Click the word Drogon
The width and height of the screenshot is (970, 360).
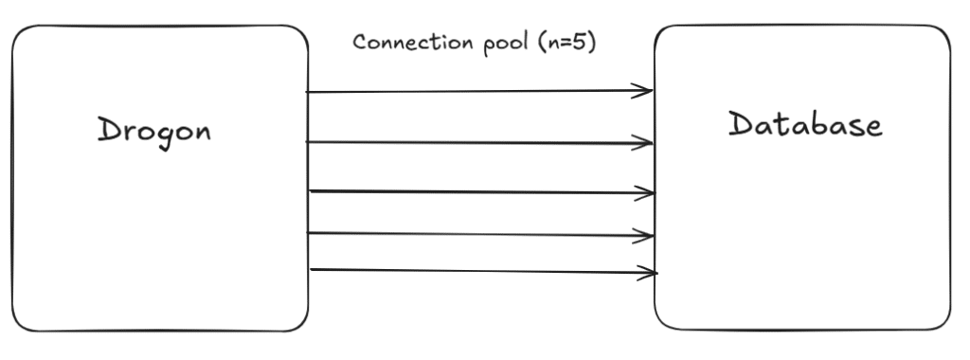click(x=154, y=130)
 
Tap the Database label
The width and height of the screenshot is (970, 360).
click(x=804, y=124)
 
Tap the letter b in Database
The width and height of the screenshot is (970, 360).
click(x=817, y=123)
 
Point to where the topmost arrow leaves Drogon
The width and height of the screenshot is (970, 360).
click(x=309, y=92)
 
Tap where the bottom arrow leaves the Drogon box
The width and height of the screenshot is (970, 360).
click(x=311, y=270)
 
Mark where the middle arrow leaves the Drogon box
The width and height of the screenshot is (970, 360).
click(x=311, y=191)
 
